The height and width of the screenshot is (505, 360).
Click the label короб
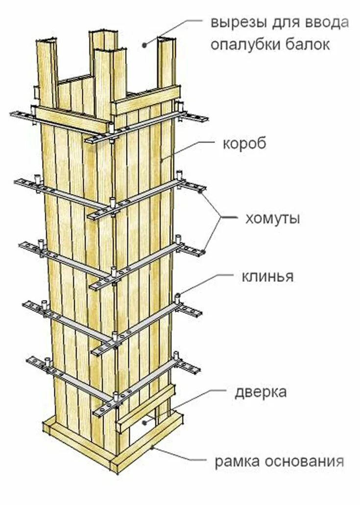[245, 145]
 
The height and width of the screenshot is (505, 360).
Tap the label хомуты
[272, 218]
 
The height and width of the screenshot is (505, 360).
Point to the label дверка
[261, 392]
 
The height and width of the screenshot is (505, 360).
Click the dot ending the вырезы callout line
[145, 45]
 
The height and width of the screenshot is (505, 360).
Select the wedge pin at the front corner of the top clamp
[112, 128]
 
